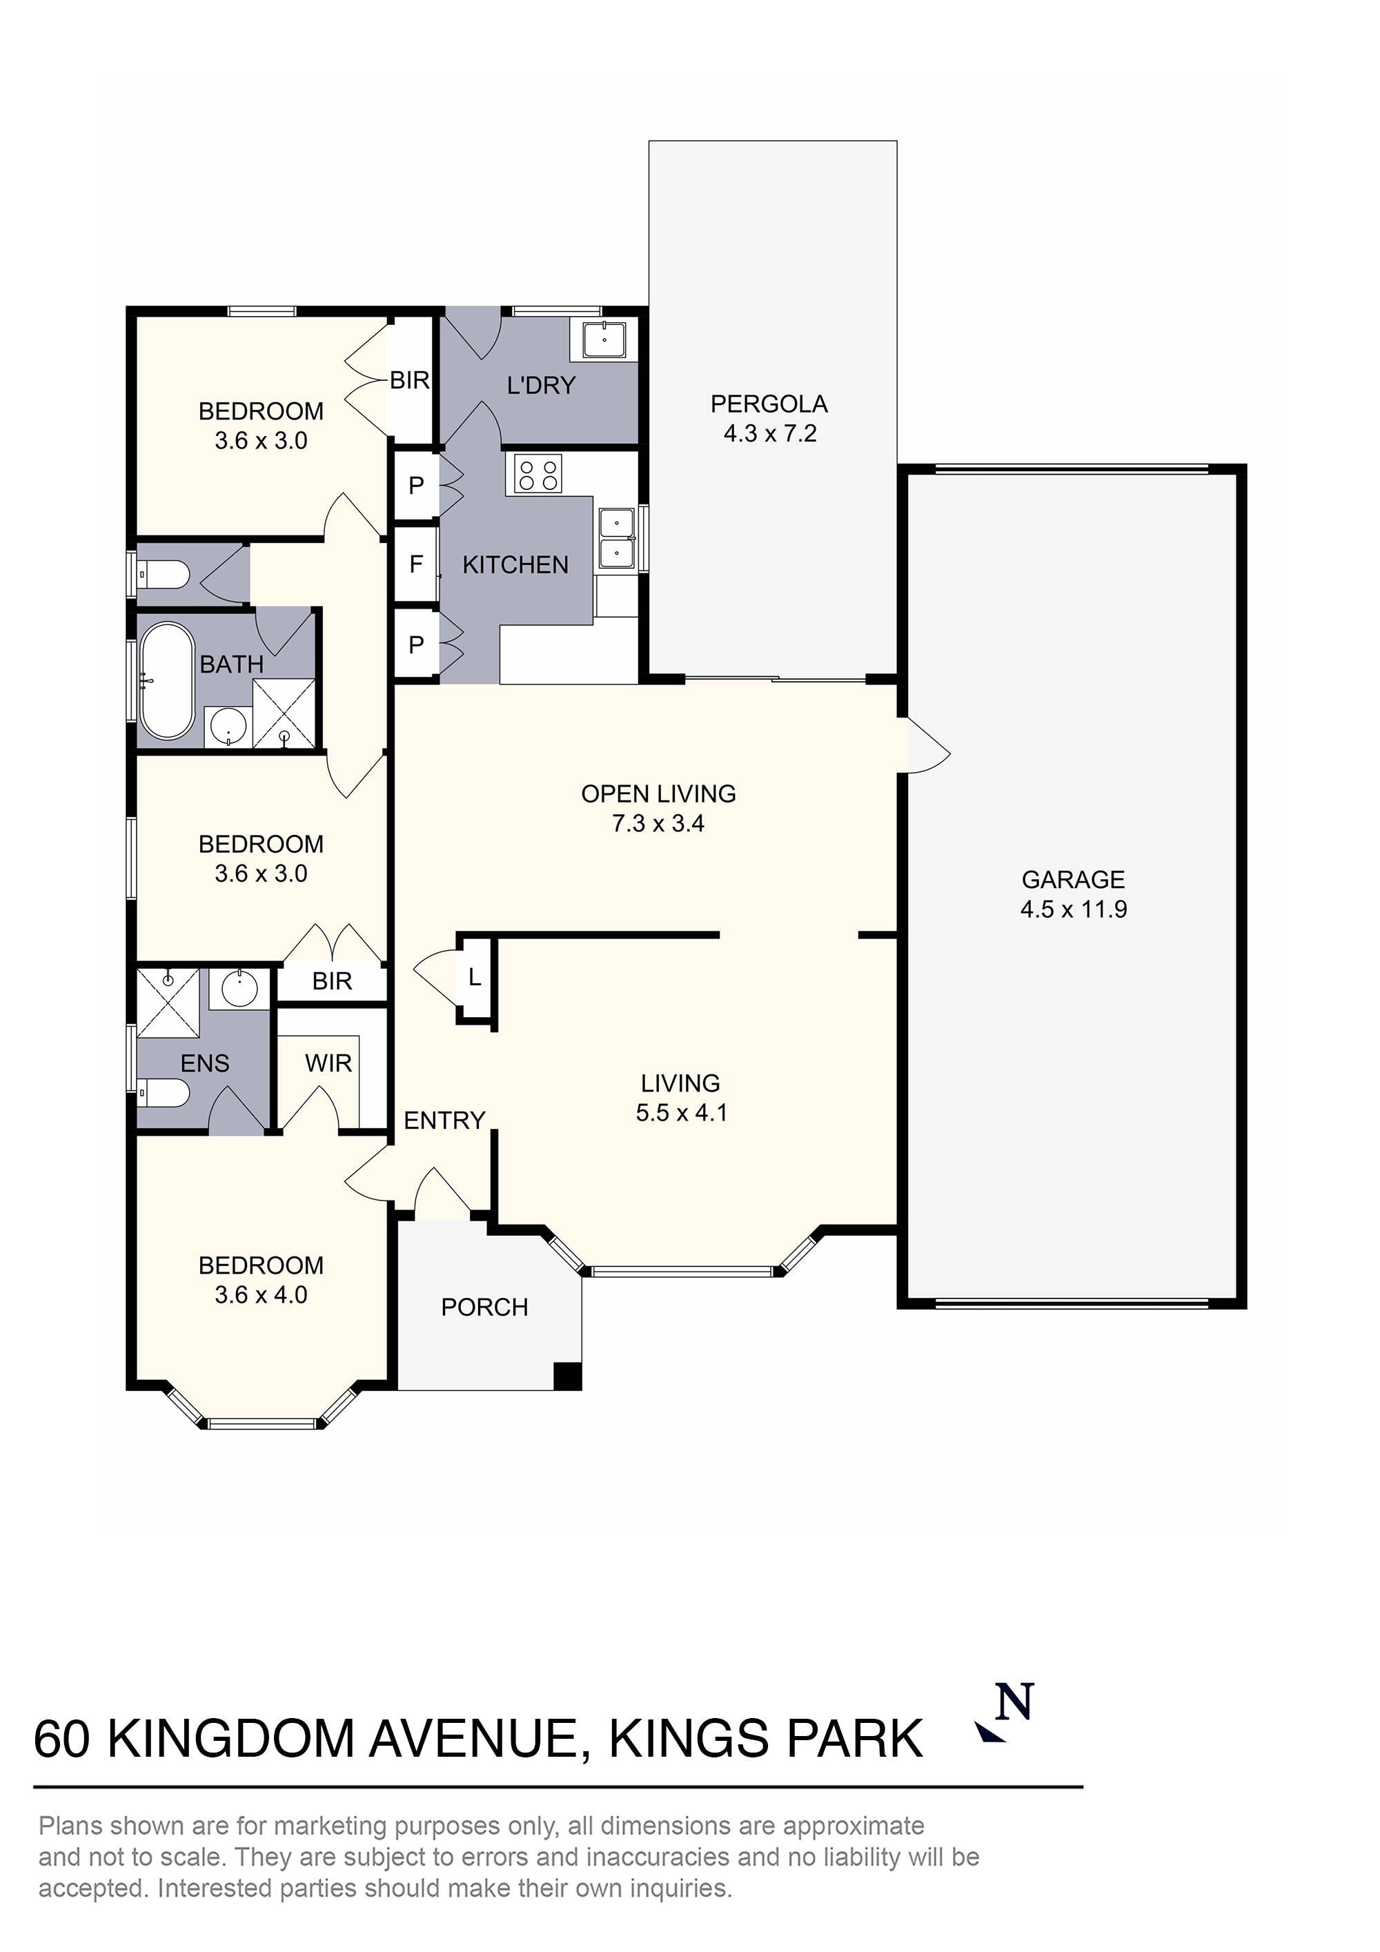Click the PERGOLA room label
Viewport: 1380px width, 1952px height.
[769, 404]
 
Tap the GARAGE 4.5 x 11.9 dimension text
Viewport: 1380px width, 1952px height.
[1073, 909]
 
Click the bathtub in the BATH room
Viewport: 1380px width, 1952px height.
[167, 682]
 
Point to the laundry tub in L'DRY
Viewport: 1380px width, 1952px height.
[604, 340]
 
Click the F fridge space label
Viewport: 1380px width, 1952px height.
[416, 564]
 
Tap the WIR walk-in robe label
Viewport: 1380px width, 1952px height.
[328, 1063]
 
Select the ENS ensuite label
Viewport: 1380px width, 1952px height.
[205, 1063]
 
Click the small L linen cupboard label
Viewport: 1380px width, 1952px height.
[475, 978]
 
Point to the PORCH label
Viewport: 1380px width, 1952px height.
[484, 1307]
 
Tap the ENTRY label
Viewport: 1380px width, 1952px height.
[444, 1121]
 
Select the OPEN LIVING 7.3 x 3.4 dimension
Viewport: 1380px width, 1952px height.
[658, 823]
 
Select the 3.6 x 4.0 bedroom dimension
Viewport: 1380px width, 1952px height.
[261, 1295]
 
